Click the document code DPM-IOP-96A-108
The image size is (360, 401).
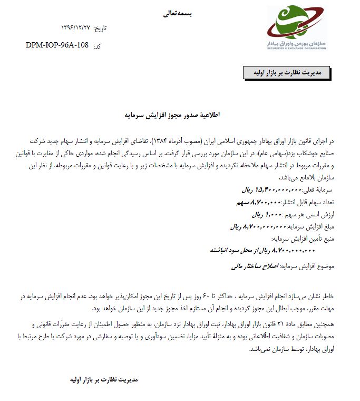tap(56, 45)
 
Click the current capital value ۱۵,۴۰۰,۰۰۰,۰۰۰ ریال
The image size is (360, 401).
tap(270, 189)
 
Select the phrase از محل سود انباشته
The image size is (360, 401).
tap(227, 251)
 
